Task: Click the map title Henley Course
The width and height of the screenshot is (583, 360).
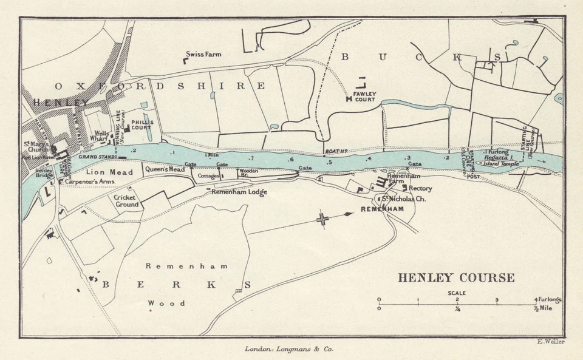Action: (456, 278)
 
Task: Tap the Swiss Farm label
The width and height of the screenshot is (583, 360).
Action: (204, 54)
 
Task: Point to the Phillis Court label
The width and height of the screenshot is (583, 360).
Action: (141, 125)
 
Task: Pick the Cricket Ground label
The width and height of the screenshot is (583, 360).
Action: (126, 201)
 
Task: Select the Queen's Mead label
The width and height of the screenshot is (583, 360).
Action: (165, 169)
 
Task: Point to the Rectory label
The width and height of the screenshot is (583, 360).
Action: (420, 188)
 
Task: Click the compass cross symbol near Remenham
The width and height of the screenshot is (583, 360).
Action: (323, 219)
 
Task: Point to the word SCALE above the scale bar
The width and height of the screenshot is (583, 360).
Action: (457, 293)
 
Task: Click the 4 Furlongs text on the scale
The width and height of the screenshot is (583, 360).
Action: (548, 300)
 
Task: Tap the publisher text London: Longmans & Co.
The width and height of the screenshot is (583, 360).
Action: (288, 349)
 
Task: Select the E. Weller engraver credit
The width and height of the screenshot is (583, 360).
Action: (551, 341)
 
